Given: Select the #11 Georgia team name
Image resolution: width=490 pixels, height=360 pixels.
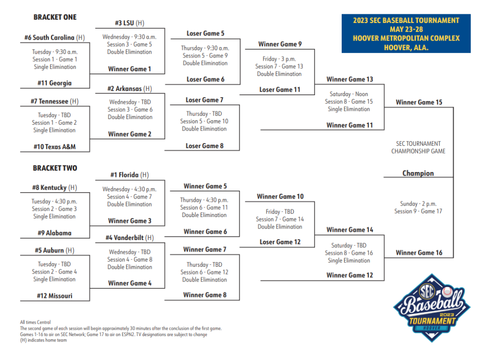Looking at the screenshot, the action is (x=55, y=83).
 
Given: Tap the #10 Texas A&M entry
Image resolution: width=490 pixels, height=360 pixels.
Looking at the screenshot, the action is (x=55, y=147).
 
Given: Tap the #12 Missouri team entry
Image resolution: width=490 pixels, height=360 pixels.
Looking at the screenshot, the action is (x=55, y=295).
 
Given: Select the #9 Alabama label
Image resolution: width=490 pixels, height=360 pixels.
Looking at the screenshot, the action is (x=55, y=233).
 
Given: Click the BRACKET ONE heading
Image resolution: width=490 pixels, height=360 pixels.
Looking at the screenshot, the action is (x=55, y=17).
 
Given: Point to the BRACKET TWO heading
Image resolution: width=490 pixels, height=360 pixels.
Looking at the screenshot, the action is (x=55, y=168).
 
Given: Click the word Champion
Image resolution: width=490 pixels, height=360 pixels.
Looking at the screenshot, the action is (x=418, y=173).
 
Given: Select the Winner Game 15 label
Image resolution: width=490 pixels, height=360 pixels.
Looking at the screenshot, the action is (x=419, y=102).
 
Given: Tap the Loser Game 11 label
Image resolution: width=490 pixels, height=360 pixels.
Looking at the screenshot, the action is (x=279, y=89).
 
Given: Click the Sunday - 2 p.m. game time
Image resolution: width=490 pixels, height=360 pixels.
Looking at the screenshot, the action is (x=418, y=204).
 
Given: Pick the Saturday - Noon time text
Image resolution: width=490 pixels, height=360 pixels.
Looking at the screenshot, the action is (x=349, y=94).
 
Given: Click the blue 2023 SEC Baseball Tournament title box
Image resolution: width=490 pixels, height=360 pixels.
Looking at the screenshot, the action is (x=406, y=33).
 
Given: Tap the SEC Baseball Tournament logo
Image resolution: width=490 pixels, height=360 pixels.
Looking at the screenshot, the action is (x=432, y=308).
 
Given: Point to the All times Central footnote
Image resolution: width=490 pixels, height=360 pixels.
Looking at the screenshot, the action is (x=35, y=322).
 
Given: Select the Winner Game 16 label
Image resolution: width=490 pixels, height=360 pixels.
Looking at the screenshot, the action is (x=419, y=253).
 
